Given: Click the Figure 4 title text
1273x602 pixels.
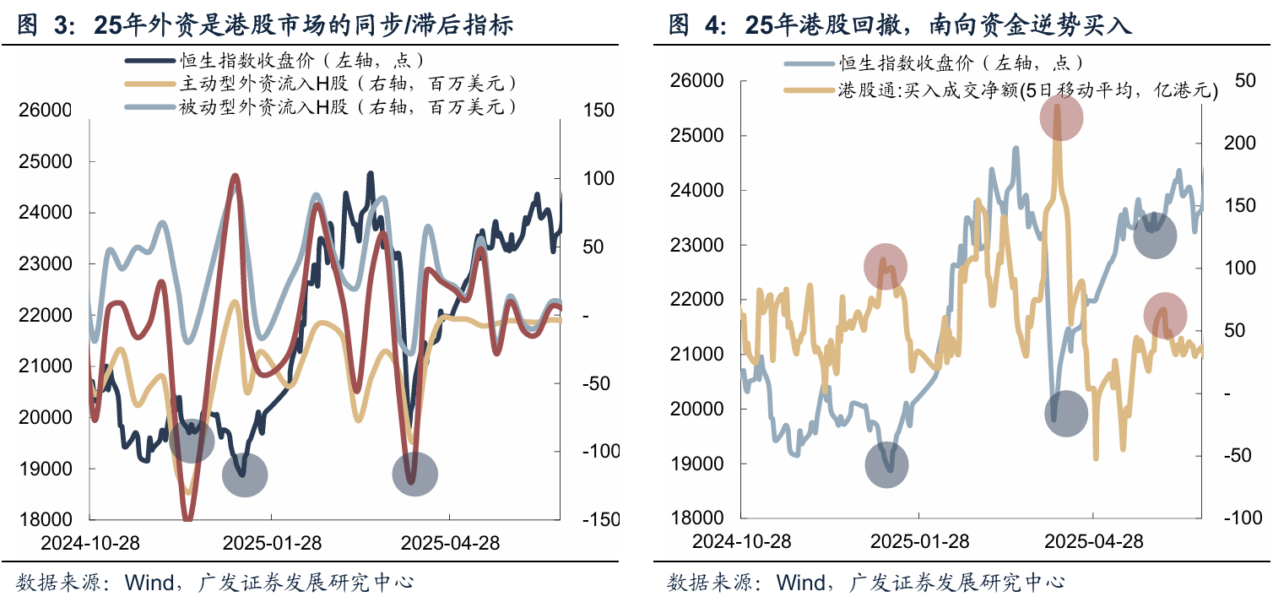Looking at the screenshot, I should pos(900,25).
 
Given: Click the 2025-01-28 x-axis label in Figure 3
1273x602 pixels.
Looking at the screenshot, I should pos(271,542).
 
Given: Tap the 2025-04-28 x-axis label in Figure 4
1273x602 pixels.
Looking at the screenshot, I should pos(1093,541).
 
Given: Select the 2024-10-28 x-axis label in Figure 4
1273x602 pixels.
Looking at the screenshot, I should pos(741,541).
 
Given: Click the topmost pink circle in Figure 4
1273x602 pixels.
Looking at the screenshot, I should pos(1060,117).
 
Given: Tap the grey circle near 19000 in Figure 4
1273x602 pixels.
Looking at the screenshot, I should pos(886,465).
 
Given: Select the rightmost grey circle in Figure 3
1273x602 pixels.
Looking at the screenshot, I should pos(414,475).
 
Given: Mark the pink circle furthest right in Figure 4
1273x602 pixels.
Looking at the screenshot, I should pos(1165,315).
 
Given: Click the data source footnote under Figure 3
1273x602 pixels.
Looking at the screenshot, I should pos(215,583).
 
